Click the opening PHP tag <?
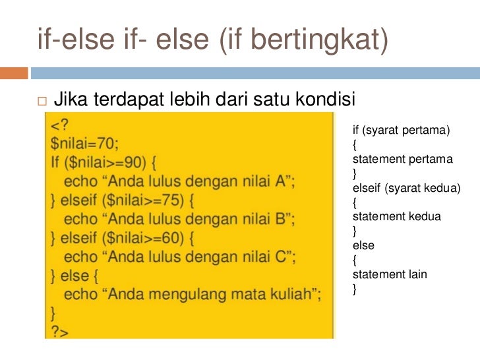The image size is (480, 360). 60,124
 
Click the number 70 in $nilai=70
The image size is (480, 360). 108,142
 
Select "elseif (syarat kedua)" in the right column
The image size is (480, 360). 405,188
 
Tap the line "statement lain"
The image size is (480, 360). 390,274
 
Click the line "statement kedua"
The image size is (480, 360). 396,216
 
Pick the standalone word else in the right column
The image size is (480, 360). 363,245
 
